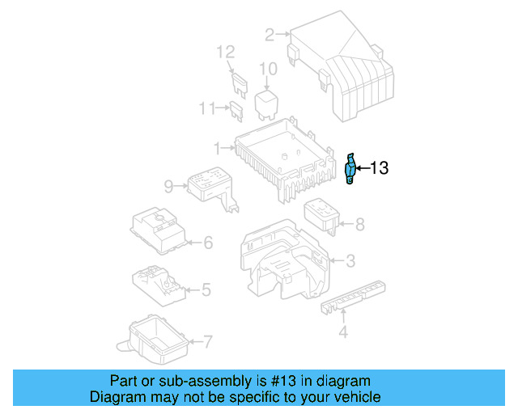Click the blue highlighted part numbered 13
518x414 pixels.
(350, 168)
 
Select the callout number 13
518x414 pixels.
(380, 168)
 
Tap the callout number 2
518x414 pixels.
(270, 35)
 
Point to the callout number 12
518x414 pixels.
(226, 53)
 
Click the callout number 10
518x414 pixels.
(268, 69)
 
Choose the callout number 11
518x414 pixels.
(207, 108)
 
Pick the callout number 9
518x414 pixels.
(168, 187)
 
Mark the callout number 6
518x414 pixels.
(208, 243)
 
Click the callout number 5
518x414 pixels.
(206, 289)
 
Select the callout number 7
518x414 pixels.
(208, 342)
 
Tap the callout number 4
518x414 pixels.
(343, 332)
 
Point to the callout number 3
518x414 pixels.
(350, 261)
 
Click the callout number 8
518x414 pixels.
(359, 225)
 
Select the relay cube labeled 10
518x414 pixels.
(266, 105)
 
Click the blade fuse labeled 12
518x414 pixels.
(239, 86)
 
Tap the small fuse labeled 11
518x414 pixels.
(236, 112)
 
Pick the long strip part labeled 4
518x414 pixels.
(353, 297)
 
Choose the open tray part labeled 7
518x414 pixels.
(153, 340)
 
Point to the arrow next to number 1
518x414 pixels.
(228, 148)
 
